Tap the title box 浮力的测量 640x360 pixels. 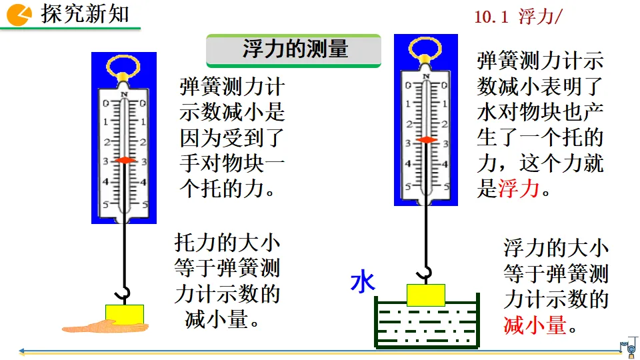(293, 49)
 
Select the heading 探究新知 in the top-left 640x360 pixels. (85, 14)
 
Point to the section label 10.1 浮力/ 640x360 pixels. (518, 18)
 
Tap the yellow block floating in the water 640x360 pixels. (425, 295)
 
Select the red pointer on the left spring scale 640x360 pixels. (124, 161)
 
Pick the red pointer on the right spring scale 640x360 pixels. (427, 140)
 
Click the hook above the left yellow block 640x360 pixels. (123, 293)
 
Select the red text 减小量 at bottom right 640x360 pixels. (535, 325)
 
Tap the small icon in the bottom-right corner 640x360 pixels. (627, 345)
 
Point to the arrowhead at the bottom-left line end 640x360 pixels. (23, 351)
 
